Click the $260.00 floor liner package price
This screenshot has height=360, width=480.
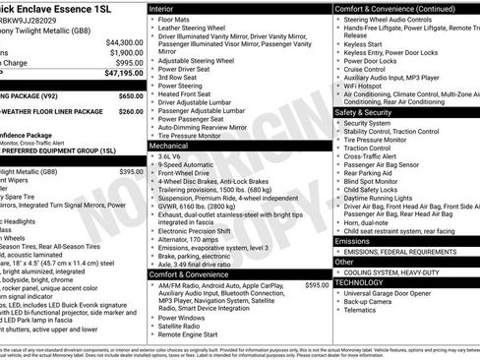[130, 111]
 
